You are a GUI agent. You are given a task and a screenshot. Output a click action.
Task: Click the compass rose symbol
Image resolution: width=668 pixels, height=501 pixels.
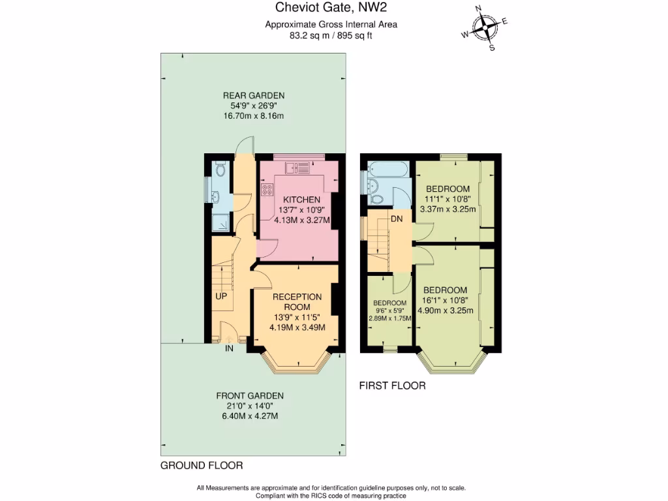click(485, 28)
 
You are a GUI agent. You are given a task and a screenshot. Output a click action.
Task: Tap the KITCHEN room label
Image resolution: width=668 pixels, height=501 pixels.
click(301, 199)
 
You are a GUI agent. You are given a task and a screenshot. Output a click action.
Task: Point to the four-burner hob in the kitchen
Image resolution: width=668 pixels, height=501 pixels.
click(267, 190)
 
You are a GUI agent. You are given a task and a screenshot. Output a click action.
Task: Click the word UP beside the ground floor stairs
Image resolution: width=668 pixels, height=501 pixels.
click(221, 296)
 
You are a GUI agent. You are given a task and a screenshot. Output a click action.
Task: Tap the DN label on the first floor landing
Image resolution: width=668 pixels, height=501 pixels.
click(397, 219)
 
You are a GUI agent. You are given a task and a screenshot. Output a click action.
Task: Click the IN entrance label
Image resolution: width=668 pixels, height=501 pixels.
click(229, 349)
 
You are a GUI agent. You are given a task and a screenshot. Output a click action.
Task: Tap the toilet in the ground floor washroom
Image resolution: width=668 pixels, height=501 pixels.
click(220, 170)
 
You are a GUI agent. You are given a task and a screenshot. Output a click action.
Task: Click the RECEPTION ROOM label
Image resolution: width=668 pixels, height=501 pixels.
click(297, 301)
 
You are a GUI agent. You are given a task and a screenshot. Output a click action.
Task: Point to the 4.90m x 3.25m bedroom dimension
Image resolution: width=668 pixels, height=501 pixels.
click(448, 311)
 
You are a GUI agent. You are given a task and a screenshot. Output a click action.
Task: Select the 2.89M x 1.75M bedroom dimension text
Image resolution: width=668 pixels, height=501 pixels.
click(389, 318)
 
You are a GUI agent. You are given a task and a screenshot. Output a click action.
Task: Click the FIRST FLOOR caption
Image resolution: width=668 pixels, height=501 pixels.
click(392, 386)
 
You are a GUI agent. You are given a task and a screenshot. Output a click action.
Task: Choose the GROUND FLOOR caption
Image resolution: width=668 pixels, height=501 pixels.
click(202, 466)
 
